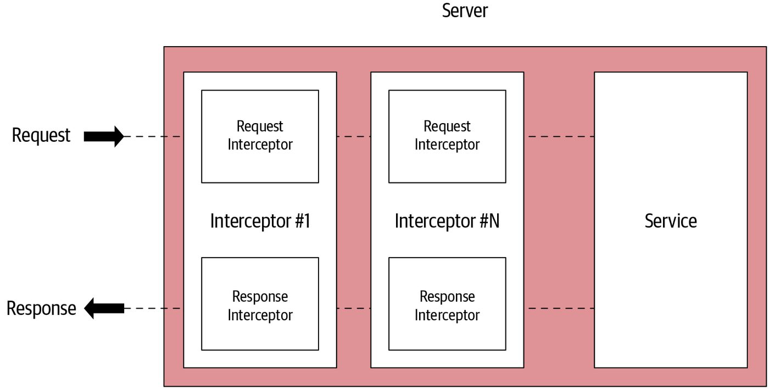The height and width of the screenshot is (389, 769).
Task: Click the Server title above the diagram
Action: (x=465, y=10)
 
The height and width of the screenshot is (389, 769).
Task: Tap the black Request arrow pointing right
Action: (x=104, y=137)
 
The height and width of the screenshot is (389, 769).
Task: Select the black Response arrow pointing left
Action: (x=104, y=308)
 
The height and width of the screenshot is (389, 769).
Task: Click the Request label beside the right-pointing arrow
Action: (x=41, y=135)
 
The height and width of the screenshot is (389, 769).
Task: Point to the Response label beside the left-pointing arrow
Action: (x=41, y=308)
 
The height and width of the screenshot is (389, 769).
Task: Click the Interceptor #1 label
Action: (x=260, y=221)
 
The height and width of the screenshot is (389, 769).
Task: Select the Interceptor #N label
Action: (x=447, y=221)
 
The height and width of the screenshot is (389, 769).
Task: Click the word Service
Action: (x=671, y=221)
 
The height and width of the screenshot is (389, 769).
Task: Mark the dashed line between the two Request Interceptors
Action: (x=354, y=137)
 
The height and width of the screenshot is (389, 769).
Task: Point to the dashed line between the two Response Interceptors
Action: (x=354, y=308)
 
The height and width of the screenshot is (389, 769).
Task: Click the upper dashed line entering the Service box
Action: (x=561, y=137)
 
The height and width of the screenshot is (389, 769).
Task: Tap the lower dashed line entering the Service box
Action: (x=561, y=308)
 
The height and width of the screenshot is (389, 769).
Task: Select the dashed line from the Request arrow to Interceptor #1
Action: (x=153, y=137)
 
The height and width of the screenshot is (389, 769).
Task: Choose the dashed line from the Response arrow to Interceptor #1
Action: (x=153, y=308)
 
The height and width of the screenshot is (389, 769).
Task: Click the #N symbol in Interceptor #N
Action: (x=489, y=221)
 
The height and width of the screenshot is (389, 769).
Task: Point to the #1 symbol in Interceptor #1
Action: (x=303, y=221)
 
